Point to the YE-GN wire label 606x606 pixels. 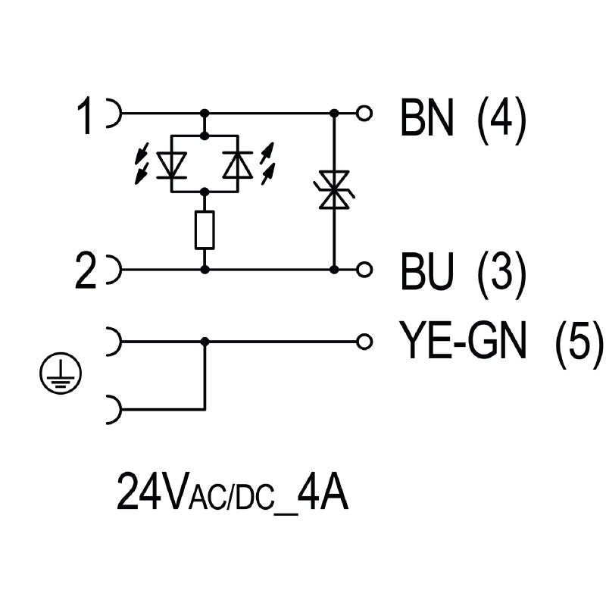coord(463,342)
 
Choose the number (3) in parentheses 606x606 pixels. coord(501,273)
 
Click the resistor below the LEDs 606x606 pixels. coord(205,230)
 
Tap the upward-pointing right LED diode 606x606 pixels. coord(237,164)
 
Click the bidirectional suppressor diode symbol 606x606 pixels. coord(334,189)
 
